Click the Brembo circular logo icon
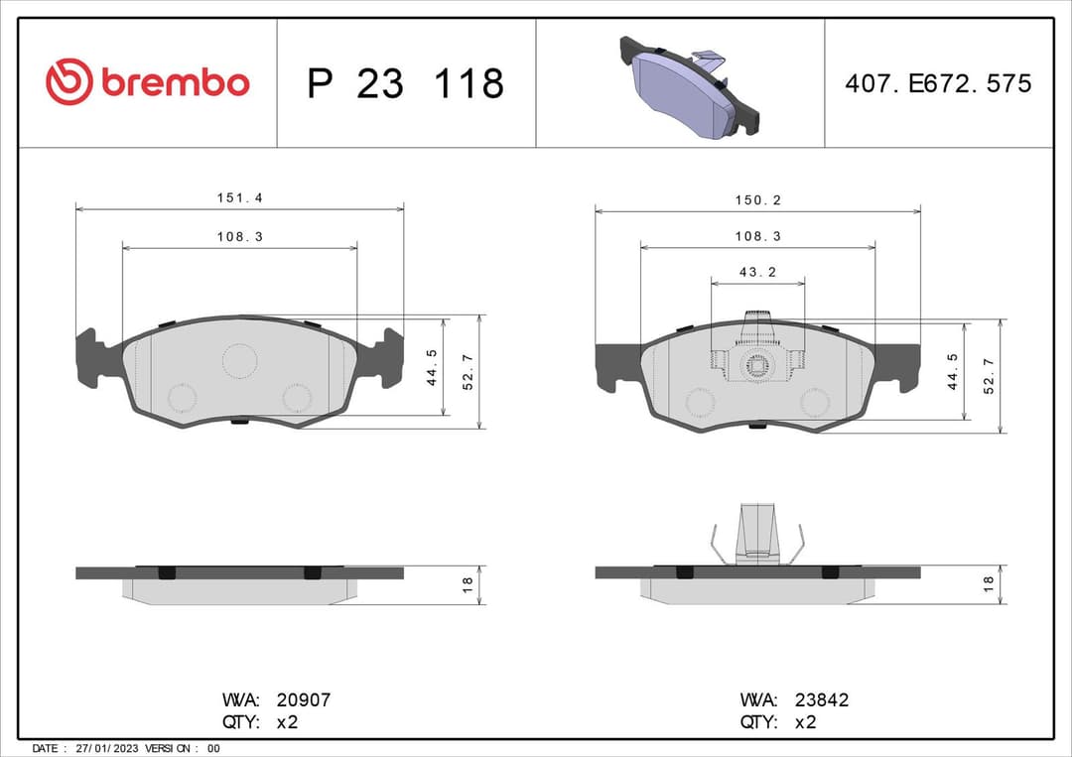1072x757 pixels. (x=68, y=82)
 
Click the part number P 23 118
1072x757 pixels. (x=405, y=83)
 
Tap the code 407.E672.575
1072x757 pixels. (x=937, y=83)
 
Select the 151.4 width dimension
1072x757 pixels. (x=239, y=198)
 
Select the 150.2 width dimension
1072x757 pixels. (x=757, y=200)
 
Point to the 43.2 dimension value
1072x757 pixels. (x=757, y=272)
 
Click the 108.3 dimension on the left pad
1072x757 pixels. (x=239, y=237)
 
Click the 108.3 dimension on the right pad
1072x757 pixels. (x=757, y=237)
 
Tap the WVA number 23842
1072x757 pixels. (x=822, y=699)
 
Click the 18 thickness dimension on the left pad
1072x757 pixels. (x=467, y=585)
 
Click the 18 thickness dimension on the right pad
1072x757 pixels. (x=988, y=585)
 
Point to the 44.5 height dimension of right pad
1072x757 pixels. (x=952, y=371)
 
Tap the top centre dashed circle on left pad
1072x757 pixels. (x=239, y=360)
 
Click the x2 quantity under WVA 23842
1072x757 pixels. (x=805, y=722)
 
